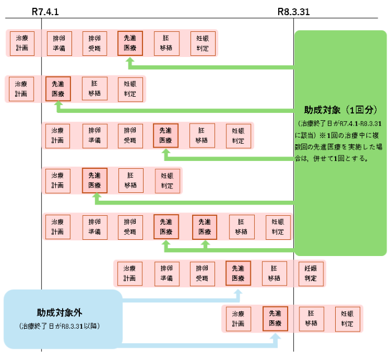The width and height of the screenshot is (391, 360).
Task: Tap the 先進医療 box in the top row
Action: pos(130,43)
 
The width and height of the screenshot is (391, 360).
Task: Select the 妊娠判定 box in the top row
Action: pos(202,43)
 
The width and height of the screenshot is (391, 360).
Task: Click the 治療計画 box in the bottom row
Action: pos(238,319)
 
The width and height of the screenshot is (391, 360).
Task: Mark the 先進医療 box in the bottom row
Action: pos(275,319)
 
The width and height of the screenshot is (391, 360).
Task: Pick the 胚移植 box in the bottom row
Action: pos(311,319)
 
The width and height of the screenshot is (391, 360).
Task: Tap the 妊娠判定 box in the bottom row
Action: pos(347,319)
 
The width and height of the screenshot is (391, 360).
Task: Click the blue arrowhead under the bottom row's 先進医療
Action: pos(275,338)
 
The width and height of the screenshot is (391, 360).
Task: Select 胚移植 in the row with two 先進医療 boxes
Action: pos(241,227)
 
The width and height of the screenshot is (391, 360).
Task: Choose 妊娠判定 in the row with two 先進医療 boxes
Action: pos(278,227)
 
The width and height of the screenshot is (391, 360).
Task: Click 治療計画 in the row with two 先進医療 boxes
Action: pos(58,227)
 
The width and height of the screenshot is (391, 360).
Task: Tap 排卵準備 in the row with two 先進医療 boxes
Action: pos(94,227)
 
